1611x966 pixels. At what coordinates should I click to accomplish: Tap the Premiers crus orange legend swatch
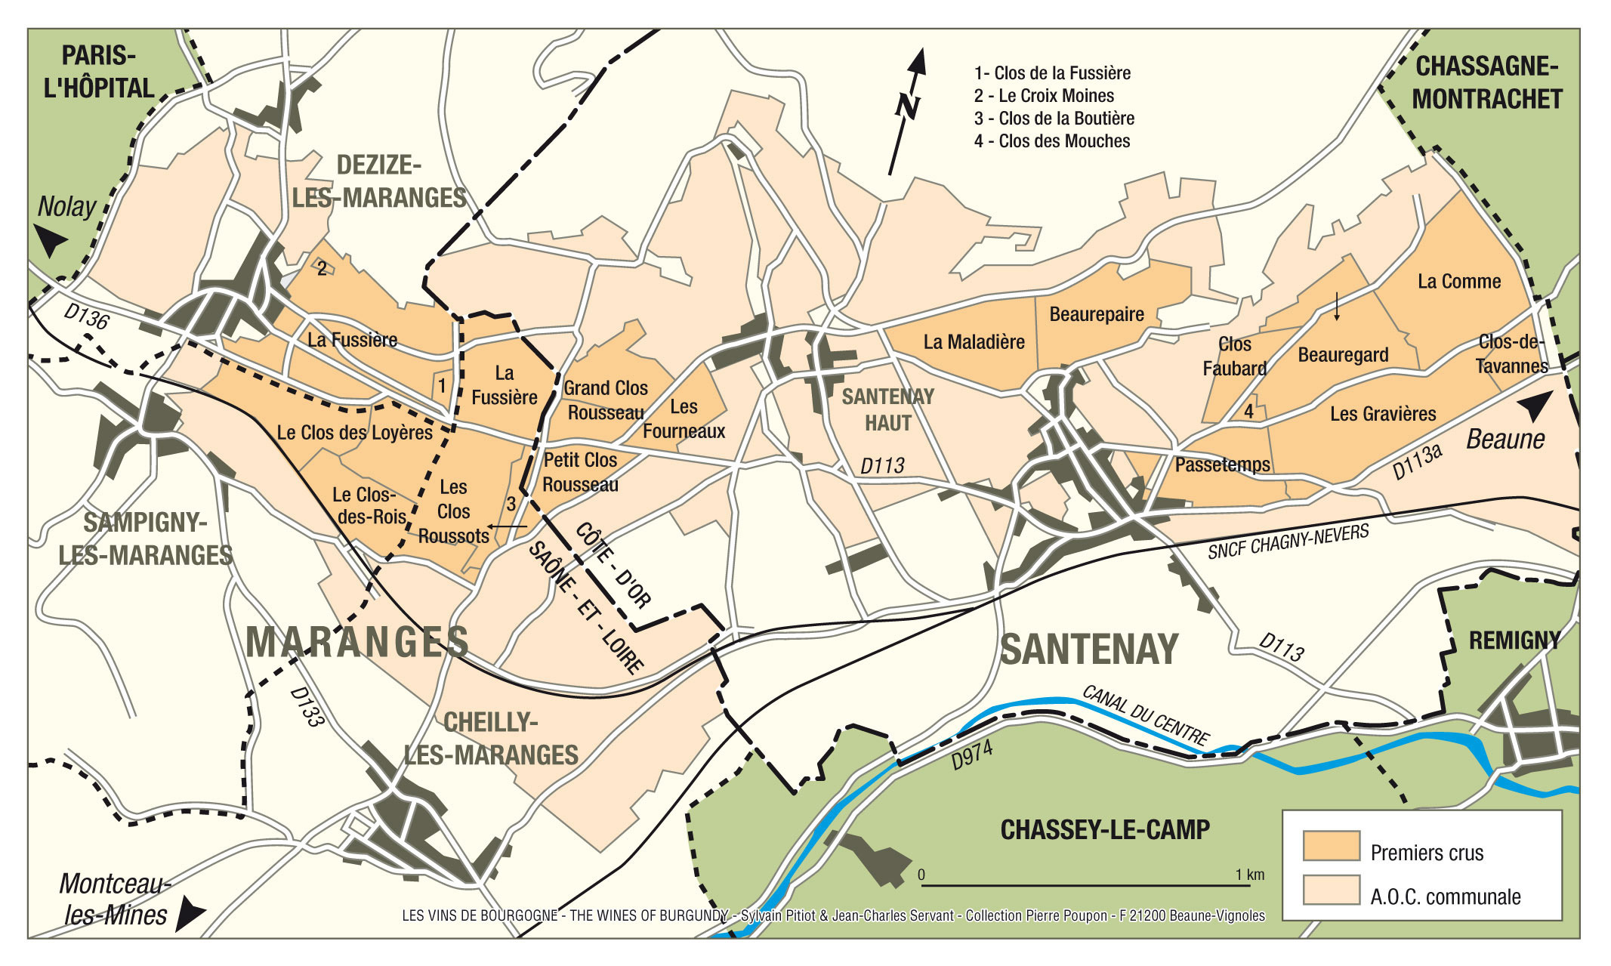[1331, 846]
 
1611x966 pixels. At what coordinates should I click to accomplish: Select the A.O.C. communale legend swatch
[1331, 890]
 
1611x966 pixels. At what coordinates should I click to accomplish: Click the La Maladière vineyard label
[974, 342]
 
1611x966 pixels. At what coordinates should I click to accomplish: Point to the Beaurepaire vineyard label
[1096, 314]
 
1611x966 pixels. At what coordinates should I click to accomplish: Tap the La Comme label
[1458, 282]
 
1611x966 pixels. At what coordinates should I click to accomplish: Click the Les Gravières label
[1382, 414]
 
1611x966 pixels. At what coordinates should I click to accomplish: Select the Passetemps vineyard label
[1222, 464]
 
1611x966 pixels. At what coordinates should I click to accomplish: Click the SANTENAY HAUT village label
[887, 409]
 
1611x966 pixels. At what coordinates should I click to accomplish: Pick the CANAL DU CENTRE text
[1145, 715]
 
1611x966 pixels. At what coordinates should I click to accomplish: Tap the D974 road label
[971, 755]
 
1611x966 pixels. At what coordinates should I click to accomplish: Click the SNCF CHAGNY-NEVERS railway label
[1288, 542]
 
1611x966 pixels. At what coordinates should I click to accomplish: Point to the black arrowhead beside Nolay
[51, 242]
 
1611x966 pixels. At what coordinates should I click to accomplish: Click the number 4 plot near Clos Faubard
[1248, 412]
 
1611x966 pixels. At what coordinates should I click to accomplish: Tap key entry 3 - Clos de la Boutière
[1054, 119]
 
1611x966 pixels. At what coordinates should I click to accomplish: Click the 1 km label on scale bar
[1249, 875]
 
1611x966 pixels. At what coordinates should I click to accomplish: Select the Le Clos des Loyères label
[354, 433]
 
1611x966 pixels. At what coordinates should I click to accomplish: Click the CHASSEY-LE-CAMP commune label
[1104, 830]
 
